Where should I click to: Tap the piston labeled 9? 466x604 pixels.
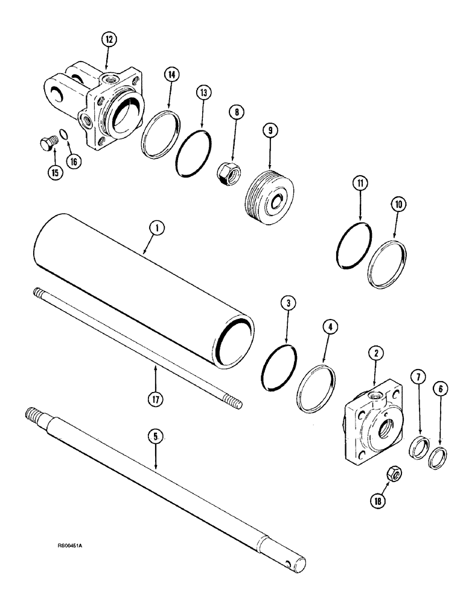(269, 190)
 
